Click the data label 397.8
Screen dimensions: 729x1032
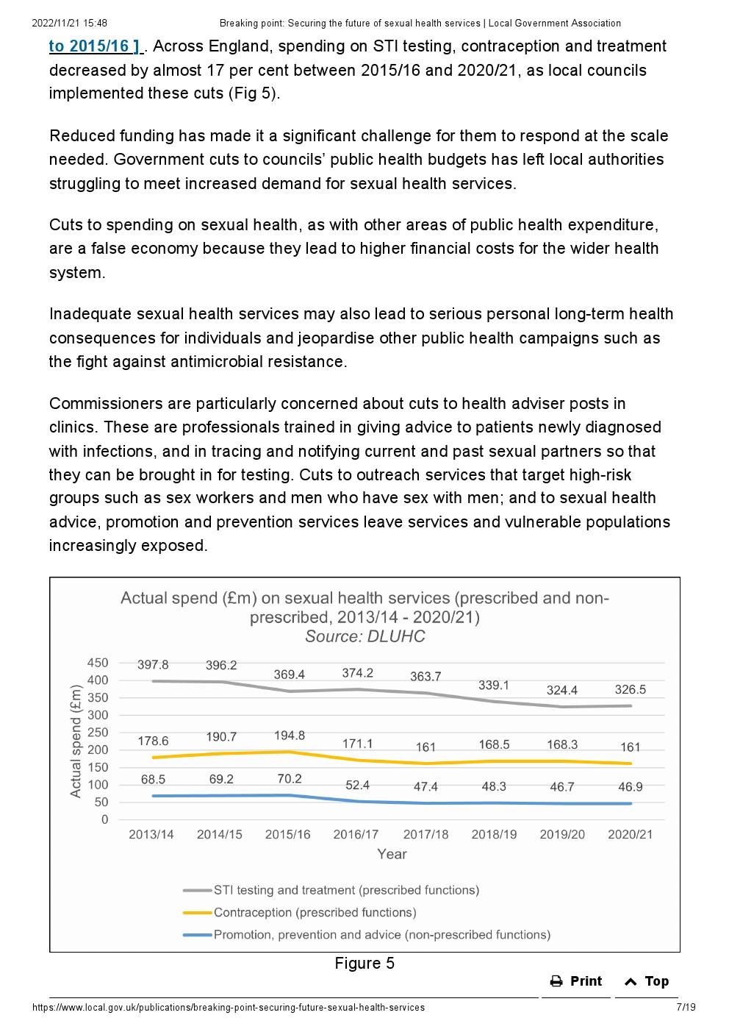point(153,665)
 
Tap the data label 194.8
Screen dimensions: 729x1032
point(290,736)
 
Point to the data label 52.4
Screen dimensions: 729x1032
point(358,785)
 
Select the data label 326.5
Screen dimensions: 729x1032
point(630,689)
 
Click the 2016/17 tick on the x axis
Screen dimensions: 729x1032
point(356,834)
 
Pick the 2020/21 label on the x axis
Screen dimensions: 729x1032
point(630,834)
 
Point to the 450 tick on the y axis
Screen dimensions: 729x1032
point(98,663)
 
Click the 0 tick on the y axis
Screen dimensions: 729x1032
point(105,819)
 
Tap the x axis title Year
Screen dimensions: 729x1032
point(392,854)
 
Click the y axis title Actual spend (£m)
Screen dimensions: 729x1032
point(76,741)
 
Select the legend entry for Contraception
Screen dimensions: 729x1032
point(300,912)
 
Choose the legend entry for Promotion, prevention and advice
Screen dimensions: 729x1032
point(367,934)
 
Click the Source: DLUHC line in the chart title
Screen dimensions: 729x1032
point(365,636)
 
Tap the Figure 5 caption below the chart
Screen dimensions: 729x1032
point(364,963)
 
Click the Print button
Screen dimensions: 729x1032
point(575,981)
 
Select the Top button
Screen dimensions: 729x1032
point(646,981)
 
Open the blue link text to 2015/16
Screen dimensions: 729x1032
point(94,46)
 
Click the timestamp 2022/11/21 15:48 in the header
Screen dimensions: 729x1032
point(70,23)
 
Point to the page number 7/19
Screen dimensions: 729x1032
point(686,1007)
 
